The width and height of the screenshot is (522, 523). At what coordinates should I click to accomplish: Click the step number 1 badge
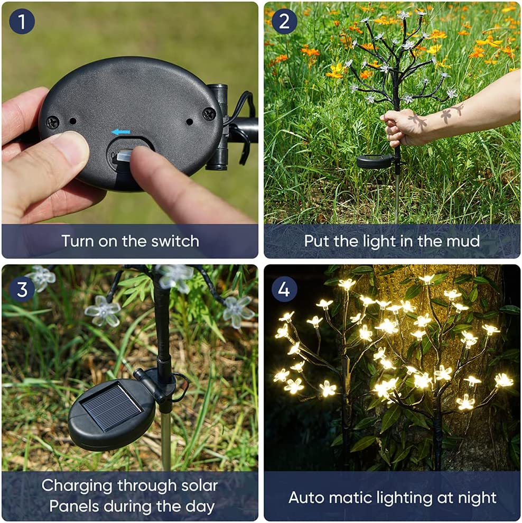pyautogui.click(x=22, y=22)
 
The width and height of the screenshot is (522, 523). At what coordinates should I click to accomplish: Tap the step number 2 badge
pyautogui.click(x=284, y=22)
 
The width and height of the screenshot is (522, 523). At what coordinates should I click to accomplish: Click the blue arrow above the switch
pyautogui.click(x=121, y=132)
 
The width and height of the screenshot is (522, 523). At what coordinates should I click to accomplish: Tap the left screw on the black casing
pyautogui.click(x=52, y=123)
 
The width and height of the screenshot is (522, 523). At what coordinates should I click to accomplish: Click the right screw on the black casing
pyautogui.click(x=209, y=113)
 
